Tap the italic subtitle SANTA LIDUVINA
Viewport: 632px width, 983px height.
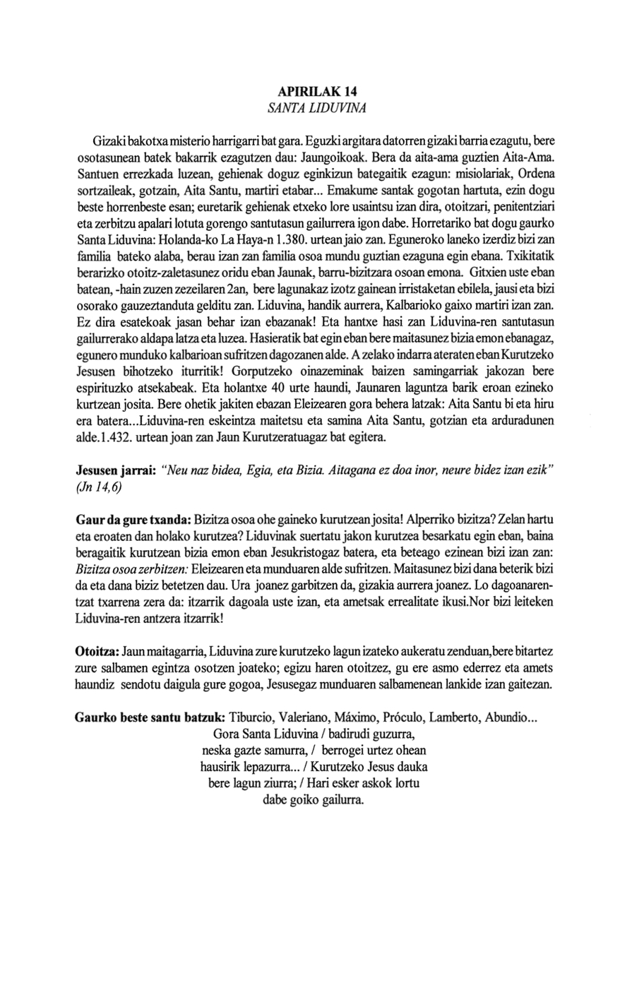316,108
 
